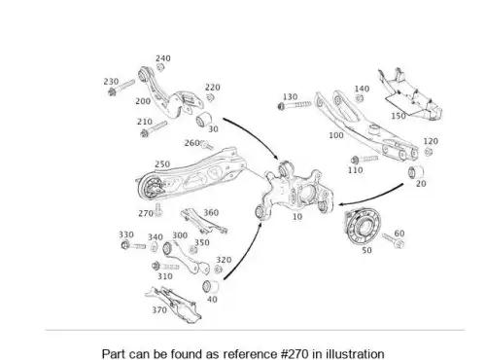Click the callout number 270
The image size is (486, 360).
click(x=146, y=213)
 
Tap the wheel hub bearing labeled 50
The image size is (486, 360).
click(x=363, y=227)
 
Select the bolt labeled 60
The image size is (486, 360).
click(x=393, y=240)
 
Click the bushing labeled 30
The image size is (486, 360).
click(x=203, y=120)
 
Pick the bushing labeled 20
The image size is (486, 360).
click(x=416, y=172)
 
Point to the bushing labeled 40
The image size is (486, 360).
click(x=210, y=286)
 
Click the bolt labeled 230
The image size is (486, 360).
click(x=121, y=88)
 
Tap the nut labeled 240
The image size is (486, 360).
click(x=159, y=67)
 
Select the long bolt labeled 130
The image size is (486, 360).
click(x=295, y=105)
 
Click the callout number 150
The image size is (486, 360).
click(x=399, y=116)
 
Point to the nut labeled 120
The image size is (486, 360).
click(x=429, y=152)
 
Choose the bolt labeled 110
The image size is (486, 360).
click(x=364, y=160)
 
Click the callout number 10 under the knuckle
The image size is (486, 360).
click(x=297, y=216)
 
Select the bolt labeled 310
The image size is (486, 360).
click(x=165, y=267)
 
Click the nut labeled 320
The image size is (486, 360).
click(x=219, y=269)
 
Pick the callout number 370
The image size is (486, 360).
click(x=159, y=310)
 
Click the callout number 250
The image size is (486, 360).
click(x=162, y=164)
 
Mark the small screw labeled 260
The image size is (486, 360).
click(x=207, y=145)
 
